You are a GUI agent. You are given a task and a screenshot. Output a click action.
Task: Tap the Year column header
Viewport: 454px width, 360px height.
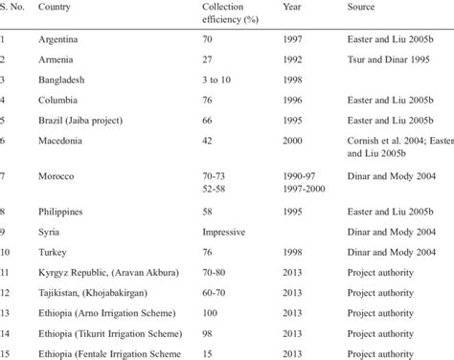[292, 8]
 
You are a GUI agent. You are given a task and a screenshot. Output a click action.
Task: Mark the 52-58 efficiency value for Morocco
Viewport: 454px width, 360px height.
[214, 190]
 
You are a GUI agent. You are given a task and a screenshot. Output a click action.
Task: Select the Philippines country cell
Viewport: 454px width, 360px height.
[62, 211]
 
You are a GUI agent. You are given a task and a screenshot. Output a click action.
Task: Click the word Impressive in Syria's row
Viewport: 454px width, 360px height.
[223, 232]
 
